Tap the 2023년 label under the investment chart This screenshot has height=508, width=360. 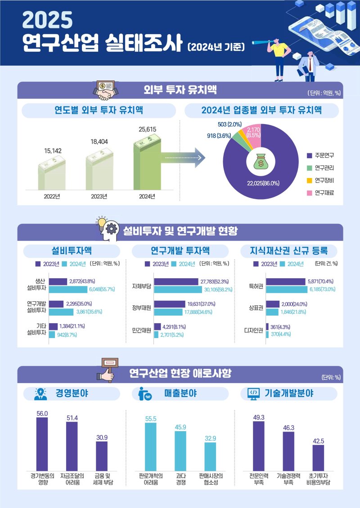tap(99, 196)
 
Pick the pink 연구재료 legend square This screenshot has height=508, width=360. tap(310, 193)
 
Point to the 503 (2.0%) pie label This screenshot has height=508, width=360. tap(229, 125)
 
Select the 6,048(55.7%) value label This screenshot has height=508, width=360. tap(102, 289)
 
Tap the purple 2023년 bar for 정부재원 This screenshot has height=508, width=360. tap(169, 304)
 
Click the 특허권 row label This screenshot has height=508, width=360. tap(256, 285)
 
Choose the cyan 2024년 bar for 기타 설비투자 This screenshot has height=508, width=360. tap(52, 334)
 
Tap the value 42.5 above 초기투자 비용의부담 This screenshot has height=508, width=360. tap(318, 440)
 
